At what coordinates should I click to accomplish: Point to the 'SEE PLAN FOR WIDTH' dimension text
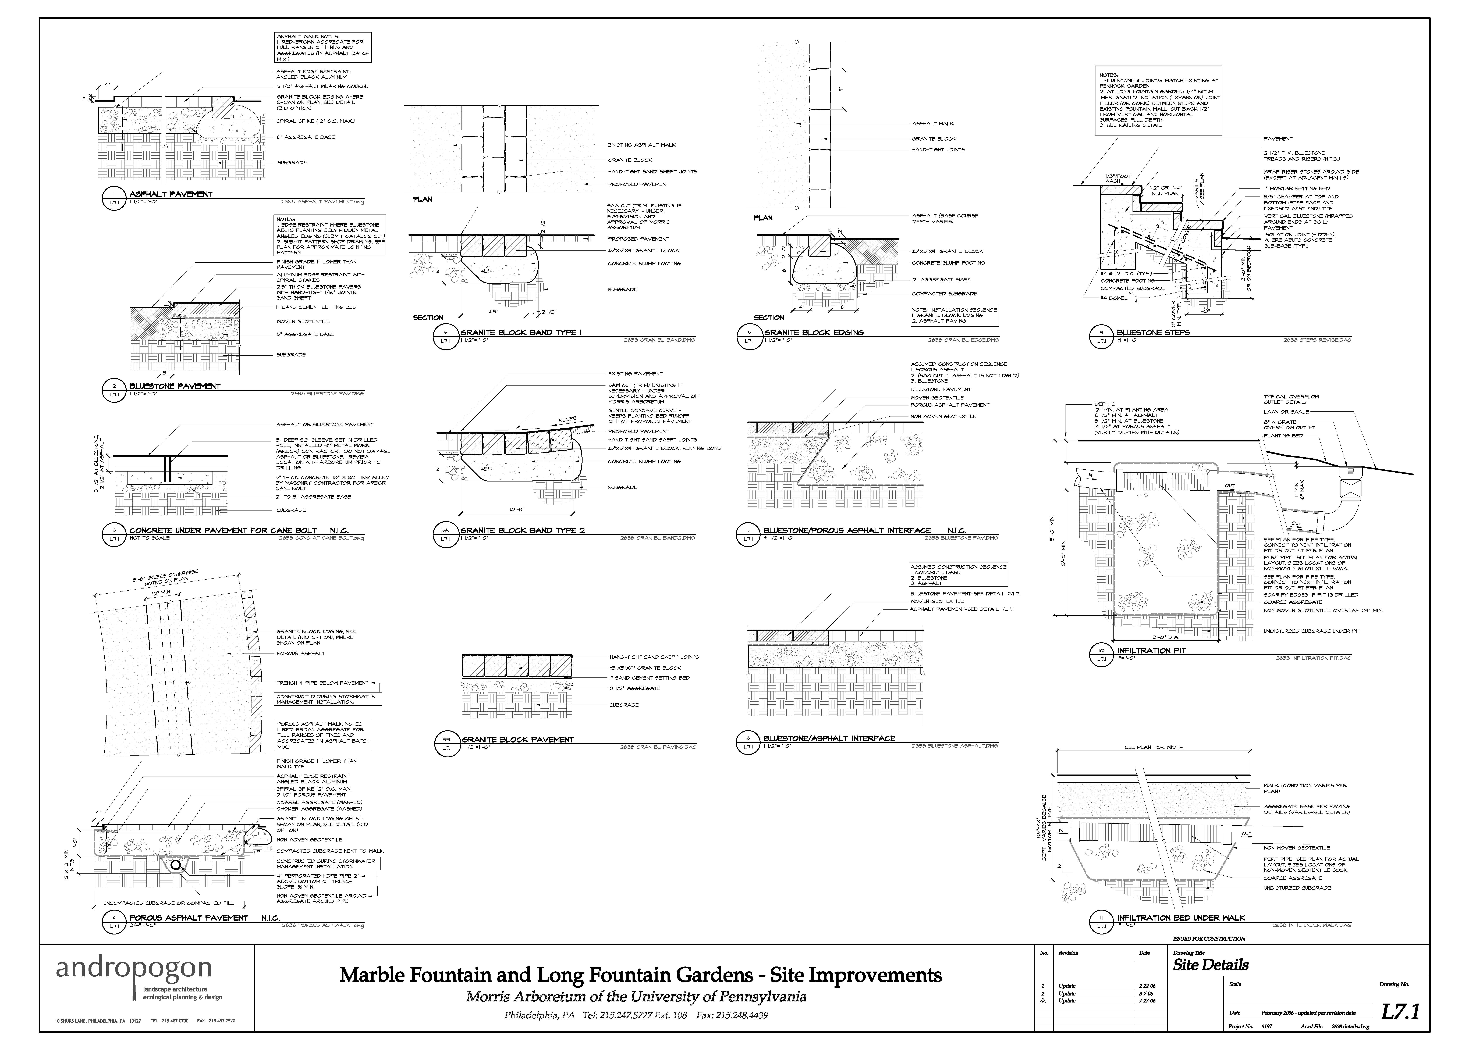coord(1153,747)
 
